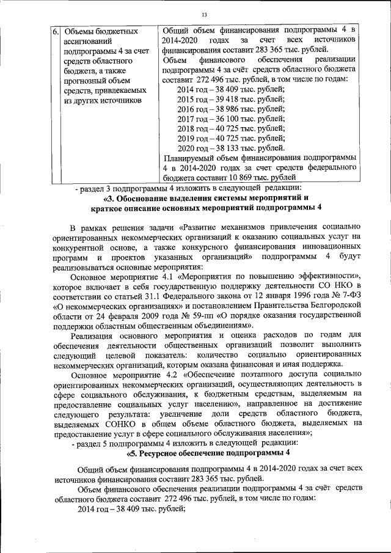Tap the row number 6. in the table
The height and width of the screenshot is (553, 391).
[54, 31]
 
